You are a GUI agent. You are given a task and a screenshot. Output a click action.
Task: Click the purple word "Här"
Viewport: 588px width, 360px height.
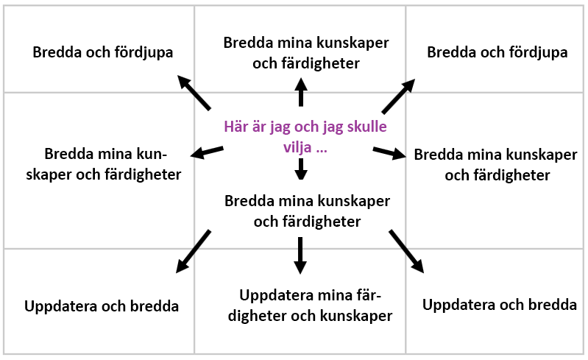[236, 127]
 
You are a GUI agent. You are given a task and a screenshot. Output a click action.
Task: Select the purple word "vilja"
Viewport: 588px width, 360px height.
[297, 147]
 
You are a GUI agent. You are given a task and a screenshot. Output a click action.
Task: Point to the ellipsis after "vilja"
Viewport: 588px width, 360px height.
[322, 150]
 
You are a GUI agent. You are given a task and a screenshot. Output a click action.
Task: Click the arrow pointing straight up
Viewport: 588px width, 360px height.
[301, 92]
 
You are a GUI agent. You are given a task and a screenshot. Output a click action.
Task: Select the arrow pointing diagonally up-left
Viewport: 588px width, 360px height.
[194, 92]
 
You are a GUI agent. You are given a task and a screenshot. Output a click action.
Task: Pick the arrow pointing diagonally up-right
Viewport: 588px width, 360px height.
[398, 96]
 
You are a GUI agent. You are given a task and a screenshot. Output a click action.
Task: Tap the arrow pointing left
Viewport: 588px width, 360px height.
[207, 152]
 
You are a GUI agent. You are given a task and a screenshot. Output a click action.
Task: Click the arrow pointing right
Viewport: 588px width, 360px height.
[389, 152]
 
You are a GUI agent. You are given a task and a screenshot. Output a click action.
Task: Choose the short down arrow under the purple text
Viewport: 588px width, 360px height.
[301, 169]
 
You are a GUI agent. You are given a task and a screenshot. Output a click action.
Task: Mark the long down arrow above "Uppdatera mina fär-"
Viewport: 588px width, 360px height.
[300, 255]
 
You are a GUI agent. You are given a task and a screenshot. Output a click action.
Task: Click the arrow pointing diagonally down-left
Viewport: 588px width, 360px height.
[193, 251]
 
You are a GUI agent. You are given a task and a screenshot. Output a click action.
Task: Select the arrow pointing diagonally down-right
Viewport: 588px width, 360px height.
[406, 251]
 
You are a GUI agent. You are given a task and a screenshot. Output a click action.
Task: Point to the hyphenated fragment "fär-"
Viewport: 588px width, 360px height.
[367, 295]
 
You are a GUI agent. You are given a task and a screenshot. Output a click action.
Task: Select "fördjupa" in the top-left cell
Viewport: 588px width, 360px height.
[144, 52]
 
